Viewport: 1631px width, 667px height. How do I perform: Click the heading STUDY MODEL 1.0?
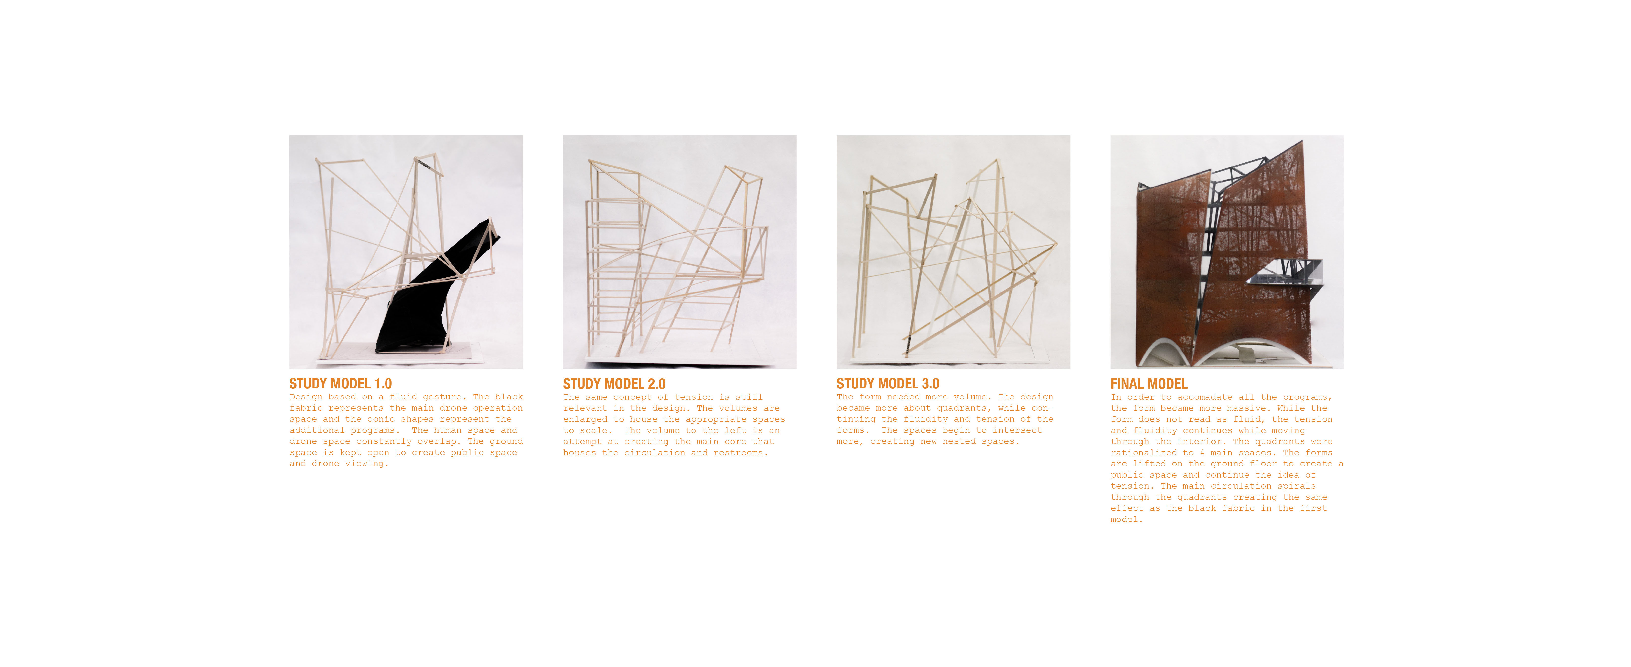tap(341, 383)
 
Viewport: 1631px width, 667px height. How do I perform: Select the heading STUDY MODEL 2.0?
tap(614, 383)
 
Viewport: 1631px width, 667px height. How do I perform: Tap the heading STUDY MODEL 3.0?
tap(888, 383)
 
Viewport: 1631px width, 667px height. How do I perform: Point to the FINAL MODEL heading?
tap(1149, 383)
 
